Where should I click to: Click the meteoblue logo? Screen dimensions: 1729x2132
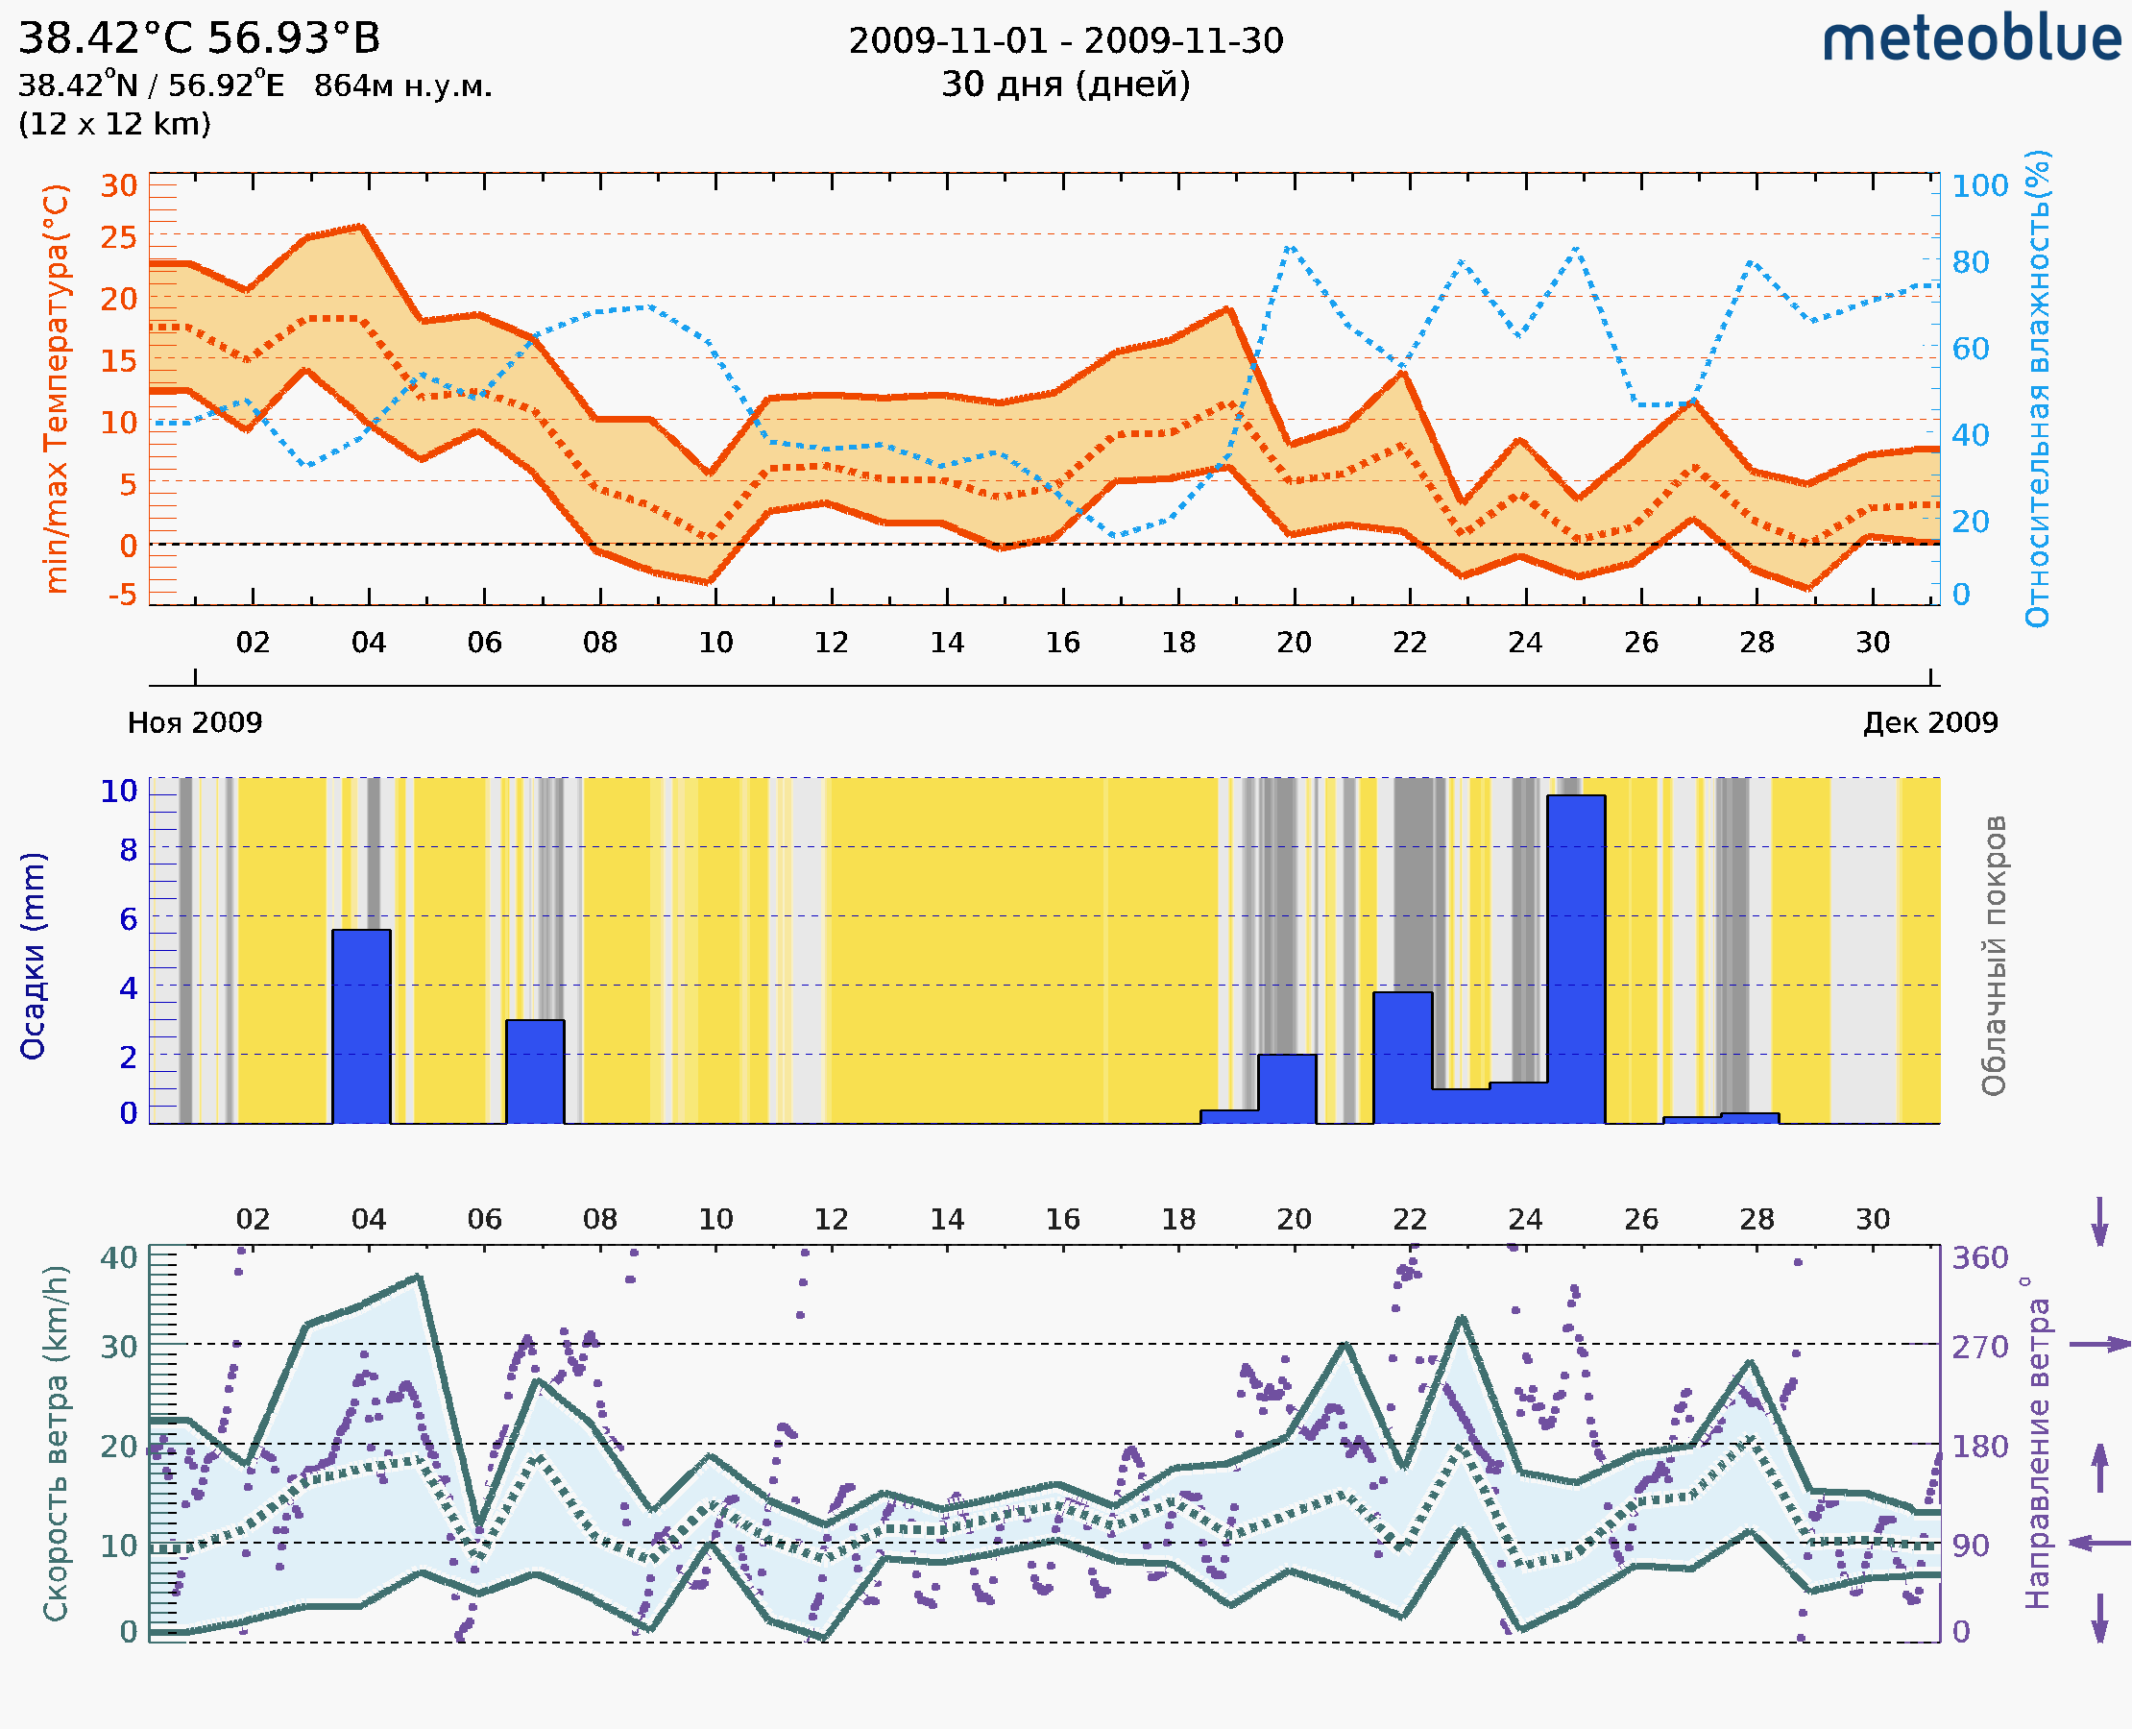pyautogui.click(x=1971, y=39)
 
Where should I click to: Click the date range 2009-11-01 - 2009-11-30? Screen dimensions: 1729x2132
pyautogui.click(x=1065, y=41)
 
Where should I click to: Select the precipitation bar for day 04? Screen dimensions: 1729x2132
pyautogui.click(x=360, y=1026)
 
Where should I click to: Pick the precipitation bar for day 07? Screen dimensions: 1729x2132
pyautogui.click(x=535, y=1071)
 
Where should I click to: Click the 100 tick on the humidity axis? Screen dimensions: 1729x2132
pyautogui.click(x=1979, y=185)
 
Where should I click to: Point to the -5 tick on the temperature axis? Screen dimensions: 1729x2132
pyautogui.click(x=122, y=596)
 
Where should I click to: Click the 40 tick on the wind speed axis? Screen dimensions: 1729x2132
pyautogui.click(x=118, y=1258)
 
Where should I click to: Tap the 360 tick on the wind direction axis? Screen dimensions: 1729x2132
pyautogui.click(x=1979, y=1258)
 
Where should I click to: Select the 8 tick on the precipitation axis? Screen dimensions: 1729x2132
pyautogui.click(x=128, y=849)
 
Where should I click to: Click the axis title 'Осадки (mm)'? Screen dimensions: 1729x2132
pyautogui.click(x=33, y=956)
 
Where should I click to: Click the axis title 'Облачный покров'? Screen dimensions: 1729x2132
pyautogui.click(x=1993, y=956)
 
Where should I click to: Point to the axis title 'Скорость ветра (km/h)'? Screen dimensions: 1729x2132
pyautogui.click(x=56, y=1444)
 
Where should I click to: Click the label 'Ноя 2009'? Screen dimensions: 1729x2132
pyautogui.click(x=195, y=722)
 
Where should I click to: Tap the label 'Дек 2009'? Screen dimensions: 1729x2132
pyautogui.click(x=1930, y=722)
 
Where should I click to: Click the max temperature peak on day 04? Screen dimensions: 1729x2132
pyautogui.click(x=361, y=227)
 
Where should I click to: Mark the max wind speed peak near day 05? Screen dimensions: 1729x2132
pyautogui.click(x=420, y=1276)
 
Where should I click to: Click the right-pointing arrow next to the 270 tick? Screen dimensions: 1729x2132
pyautogui.click(x=2099, y=1345)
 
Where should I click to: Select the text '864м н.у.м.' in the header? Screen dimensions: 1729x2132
pyautogui.click(x=403, y=86)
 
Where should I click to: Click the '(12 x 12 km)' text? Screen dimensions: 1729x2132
pyautogui.click(x=114, y=125)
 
